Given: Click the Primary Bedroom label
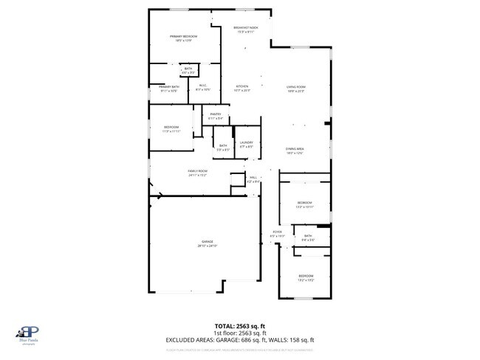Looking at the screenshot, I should point(185,36).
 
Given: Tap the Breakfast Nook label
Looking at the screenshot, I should point(246,28).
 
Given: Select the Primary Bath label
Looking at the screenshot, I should point(168,86).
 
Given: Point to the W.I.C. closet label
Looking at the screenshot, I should point(203,86).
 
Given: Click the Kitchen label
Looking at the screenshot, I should point(243,86).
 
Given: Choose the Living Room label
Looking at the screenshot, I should point(296,86).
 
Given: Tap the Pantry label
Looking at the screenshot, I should point(216,114).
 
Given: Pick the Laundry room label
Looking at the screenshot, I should point(246,142).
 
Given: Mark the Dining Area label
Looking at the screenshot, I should point(295,149).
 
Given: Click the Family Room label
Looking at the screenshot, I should point(197,170).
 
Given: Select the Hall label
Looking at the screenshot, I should point(253,177).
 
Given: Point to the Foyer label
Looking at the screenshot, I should point(278,232).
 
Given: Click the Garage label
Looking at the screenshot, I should point(208,241).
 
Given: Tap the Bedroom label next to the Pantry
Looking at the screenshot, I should point(171,128).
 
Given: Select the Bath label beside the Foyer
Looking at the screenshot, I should point(308,236).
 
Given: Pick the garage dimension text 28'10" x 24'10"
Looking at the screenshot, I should point(208,246).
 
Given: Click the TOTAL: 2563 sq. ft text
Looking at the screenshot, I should point(240,325).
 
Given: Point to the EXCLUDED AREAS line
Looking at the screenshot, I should point(240,340).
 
